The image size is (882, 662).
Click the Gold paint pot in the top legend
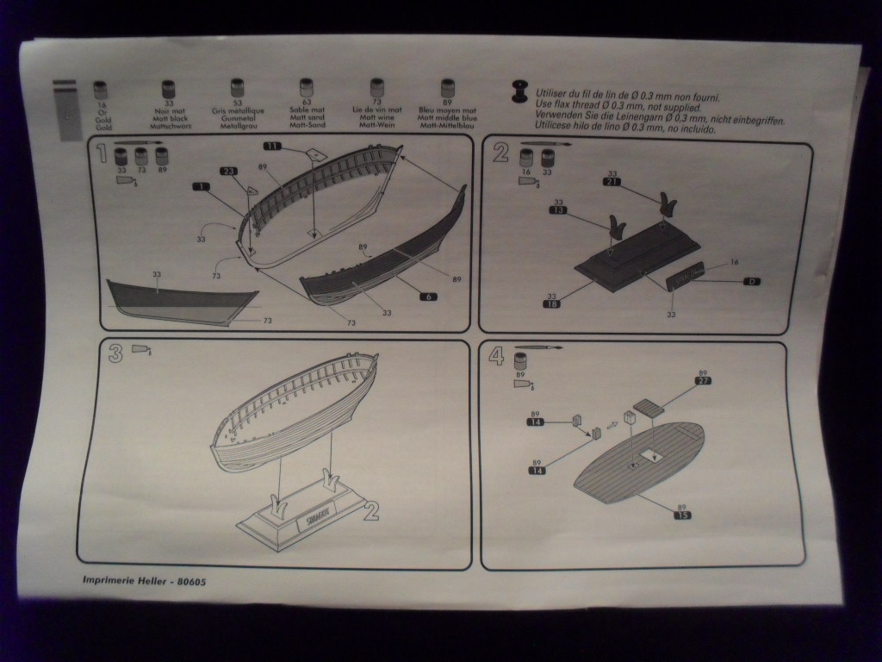(100, 90)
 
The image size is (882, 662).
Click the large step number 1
(102, 154)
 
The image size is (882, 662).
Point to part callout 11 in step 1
(273, 147)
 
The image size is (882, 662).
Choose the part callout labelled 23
(229, 171)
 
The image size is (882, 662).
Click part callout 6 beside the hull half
(428, 297)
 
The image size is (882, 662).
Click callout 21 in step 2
(612, 182)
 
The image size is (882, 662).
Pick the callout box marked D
(750, 281)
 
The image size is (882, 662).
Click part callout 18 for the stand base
(552, 304)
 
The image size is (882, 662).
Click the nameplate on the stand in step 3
(314, 521)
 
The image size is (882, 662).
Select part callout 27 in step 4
(703, 380)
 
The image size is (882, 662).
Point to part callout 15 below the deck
(681, 515)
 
